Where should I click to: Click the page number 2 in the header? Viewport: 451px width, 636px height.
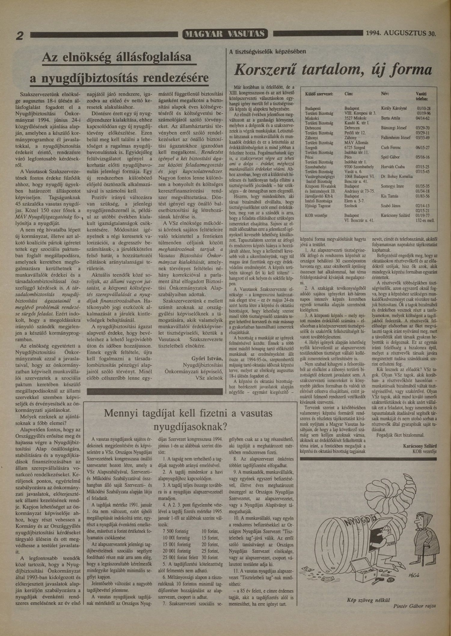20,36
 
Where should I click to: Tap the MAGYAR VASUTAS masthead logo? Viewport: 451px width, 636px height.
225,34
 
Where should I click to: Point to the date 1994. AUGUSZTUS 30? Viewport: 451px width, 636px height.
401,33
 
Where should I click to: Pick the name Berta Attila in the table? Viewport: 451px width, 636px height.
390,118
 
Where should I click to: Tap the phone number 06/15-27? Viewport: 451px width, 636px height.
423,147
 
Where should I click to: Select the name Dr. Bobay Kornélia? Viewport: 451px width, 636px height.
397,177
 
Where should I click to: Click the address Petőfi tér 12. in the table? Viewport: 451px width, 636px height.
355,133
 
